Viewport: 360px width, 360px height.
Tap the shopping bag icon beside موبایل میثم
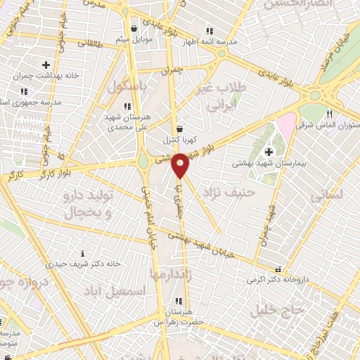click(134, 29)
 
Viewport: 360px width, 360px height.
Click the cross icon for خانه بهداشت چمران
click(46, 65)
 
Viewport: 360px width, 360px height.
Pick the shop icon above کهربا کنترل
click(181, 129)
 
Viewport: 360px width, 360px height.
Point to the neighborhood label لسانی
click(345, 194)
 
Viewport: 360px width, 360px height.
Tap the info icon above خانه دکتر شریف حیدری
click(83, 253)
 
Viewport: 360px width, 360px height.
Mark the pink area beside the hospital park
click(285, 127)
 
